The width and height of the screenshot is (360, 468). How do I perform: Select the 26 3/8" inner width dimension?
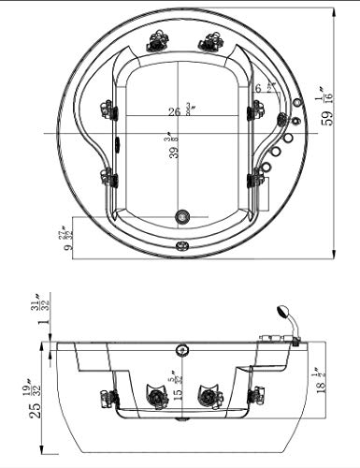pos(176,112)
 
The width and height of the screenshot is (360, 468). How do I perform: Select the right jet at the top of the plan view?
pos(208,41)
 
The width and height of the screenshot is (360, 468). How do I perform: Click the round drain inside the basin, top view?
pos(182,215)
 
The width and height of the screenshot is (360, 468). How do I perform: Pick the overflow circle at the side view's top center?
pos(180,351)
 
